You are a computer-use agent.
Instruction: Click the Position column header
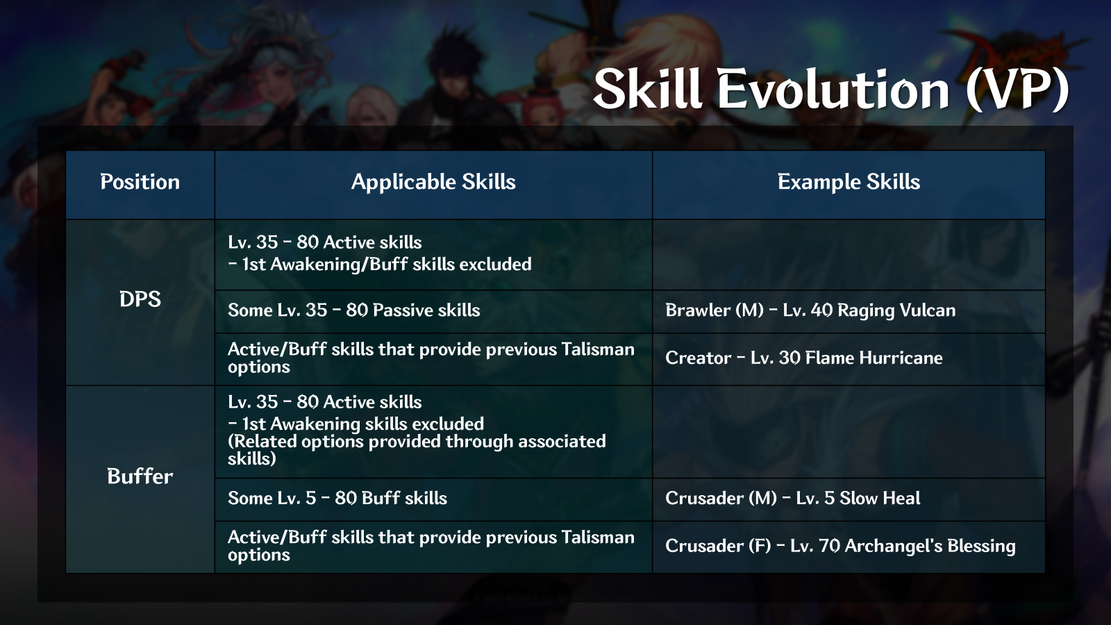coord(140,182)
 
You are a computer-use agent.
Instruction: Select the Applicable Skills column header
coord(433,182)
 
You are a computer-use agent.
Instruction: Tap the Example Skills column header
coord(849,182)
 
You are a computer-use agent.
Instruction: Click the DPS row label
coord(140,299)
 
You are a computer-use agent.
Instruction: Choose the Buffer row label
coord(140,476)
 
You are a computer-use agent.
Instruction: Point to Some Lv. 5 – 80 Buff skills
coord(337,499)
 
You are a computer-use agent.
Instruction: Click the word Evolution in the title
coord(833,90)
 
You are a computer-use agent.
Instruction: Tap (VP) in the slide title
coord(1017,90)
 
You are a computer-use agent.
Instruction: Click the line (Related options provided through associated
coord(417,442)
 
